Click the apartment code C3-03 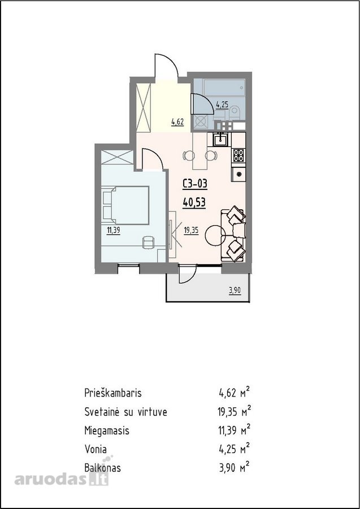tap(194, 184)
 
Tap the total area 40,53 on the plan tap(194, 203)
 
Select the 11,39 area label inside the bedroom tap(114, 231)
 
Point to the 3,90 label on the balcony tap(235, 290)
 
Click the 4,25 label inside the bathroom tap(222, 105)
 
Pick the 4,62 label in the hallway tap(177, 122)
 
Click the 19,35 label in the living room tap(192, 231)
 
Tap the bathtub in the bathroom tap(220, 87)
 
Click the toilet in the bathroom tap(234, 113)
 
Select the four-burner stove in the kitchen tap(238, 155)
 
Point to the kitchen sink tap(222, 140)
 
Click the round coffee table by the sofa tap(215, 235)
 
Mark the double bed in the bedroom tap(125, 205)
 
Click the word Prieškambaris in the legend tap(113, 393)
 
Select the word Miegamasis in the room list tap(107, 431)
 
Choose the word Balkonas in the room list tap(102, 468)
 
